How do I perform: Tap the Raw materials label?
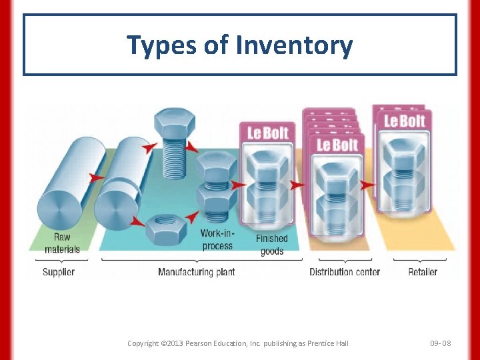62,243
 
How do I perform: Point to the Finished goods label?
271,245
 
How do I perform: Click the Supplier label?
59,272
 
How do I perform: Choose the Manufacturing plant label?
196,272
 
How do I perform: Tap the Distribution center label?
345,272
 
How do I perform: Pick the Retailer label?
423,272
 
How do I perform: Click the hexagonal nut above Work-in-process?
165,229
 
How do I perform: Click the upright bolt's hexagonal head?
174,123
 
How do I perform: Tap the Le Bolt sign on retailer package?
404,121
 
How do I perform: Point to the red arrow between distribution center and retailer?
367,185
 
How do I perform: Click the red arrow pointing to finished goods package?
238,185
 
